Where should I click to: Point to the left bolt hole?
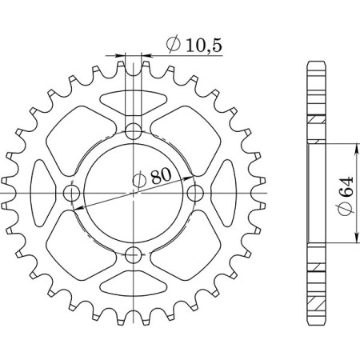[70, 194]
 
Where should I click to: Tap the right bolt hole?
[194, 194]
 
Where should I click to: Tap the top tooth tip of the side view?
[317, 63]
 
